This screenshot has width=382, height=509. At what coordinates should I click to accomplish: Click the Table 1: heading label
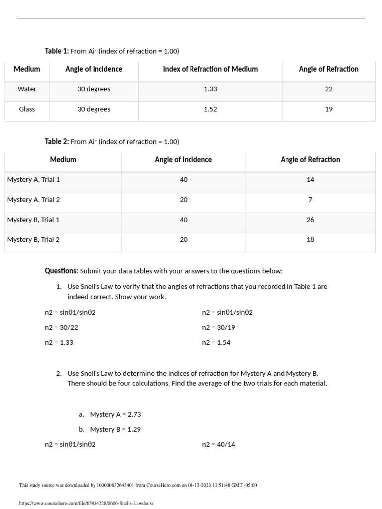tap(57, 51)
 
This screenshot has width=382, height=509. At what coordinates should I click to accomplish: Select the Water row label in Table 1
tap(27, 89)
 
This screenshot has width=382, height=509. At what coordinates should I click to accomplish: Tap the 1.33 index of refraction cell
tap(210, 89)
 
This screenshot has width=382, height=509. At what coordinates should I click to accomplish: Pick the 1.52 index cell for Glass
tap(210, 109)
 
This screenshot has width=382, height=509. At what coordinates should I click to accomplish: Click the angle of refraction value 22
tap(329, 89)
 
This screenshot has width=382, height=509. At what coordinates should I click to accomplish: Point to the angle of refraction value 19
tap(329, 109)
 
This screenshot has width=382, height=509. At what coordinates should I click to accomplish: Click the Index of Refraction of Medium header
tap(210, 69)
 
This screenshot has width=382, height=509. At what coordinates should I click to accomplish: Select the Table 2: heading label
tap(57, 141)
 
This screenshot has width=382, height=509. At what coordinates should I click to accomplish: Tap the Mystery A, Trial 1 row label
tap(33, 180)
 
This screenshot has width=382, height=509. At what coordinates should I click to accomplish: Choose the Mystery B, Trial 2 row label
tap(33, 240)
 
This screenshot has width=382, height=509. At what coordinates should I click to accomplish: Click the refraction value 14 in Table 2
tap(310, 180)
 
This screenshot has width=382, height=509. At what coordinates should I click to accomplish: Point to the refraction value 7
tap(310, 200)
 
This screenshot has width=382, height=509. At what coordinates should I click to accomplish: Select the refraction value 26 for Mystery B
tap(310, 220)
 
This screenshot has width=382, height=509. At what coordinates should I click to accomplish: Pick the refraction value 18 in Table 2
tap(310, 240)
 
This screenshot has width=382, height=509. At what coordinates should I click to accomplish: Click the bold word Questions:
tap(61, 271)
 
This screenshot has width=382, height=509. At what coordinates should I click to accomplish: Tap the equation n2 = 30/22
tap(61, 328)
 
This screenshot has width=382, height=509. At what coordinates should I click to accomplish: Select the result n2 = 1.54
tap(216, 343)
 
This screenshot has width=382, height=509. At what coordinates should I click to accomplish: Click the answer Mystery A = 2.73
tap(115, 414)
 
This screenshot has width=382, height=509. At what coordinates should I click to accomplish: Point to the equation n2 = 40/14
tap(219, 445)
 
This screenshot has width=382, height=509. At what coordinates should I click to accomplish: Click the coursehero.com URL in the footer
tap(87, 503)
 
